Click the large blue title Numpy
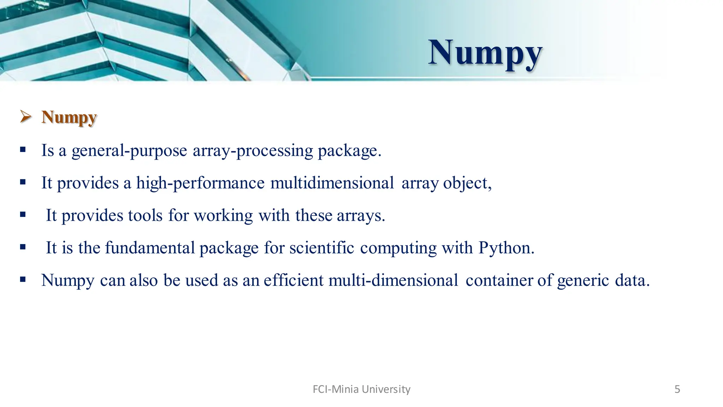[x=485, y=53]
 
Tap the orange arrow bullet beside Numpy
[x=26, y=116]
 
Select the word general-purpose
[x=129, y=151]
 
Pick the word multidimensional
[x=332, y=183]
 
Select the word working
[x=223, y=216]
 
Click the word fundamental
[x=150, y=248]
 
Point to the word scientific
[x=322, y=248]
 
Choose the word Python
[x=506, y=248]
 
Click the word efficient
[x=293, y=280]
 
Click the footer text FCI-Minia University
[x=361, y=389]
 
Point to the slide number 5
[x=677, y=389]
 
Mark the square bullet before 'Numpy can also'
[x=23, y=279]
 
